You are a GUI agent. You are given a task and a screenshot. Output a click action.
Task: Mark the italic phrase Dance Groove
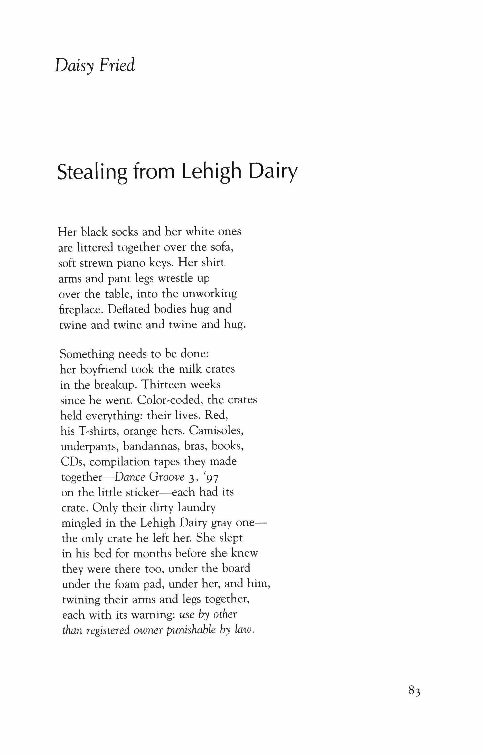click(149, 477)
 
